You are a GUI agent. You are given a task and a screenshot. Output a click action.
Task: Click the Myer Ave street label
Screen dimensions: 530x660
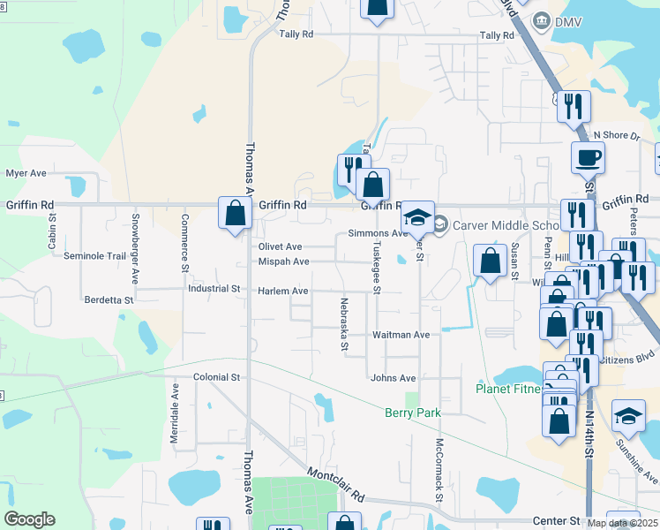[x=26, y=173]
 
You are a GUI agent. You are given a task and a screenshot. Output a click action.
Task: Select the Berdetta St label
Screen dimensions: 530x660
[x=109, y=300]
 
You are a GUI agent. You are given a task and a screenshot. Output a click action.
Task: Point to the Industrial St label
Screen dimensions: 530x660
[x=214, y=289]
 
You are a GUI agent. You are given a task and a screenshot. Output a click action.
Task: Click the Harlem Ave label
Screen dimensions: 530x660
[x=282, y=291]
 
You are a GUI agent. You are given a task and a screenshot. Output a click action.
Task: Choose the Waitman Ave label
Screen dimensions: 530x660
[x=401, y=335]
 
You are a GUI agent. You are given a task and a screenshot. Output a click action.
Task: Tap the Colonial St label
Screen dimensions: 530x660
[x=216, y=377]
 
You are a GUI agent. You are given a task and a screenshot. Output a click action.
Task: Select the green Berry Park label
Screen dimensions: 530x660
[x=412, y=413]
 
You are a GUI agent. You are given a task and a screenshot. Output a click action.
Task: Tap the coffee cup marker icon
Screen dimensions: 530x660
[x=588, y=159]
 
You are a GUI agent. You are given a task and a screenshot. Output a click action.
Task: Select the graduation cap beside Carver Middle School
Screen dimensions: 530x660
[x=417, y=217]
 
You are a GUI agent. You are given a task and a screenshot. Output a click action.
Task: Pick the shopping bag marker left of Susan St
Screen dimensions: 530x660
[x=489, y=261]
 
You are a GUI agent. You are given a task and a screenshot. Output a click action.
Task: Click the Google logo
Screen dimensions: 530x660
[x=29, y=519]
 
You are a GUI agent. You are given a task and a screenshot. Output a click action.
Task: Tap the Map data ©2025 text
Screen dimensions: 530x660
[x=622, y=523]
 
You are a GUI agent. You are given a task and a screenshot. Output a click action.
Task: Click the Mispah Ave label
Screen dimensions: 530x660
[x=283, y=261]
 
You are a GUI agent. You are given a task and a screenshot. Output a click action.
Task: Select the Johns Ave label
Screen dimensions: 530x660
[x=393, y=378]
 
